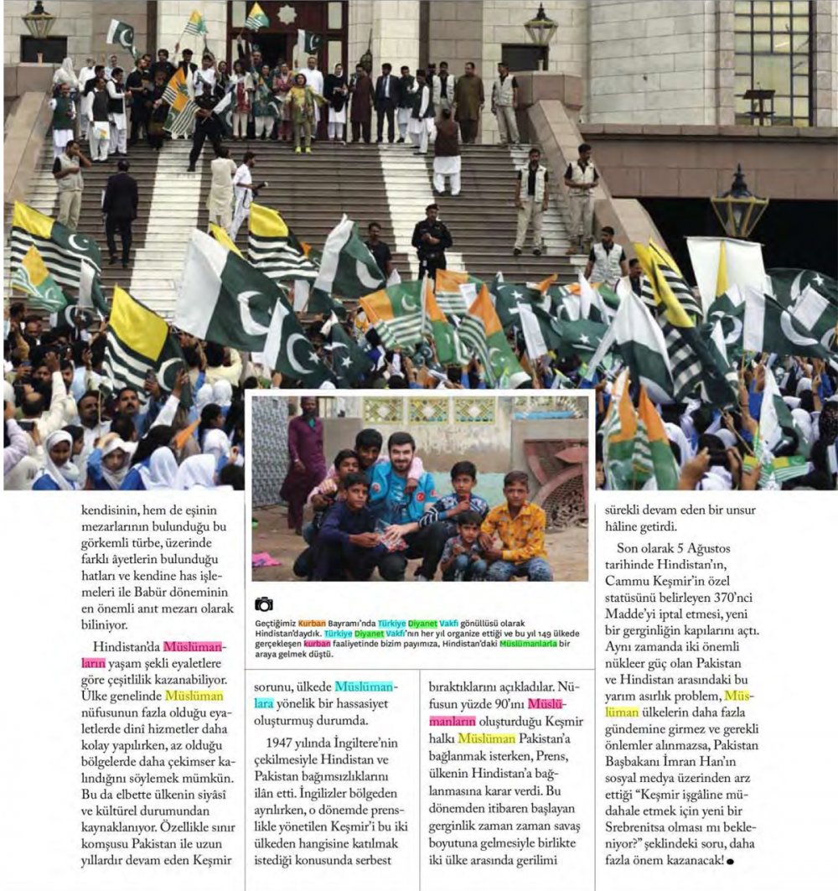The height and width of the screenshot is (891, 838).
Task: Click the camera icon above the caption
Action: click(x=263, y=603)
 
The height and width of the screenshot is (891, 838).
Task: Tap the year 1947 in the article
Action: click(x=283, y=741)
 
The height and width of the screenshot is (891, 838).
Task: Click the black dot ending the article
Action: click(x=731, y=861)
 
